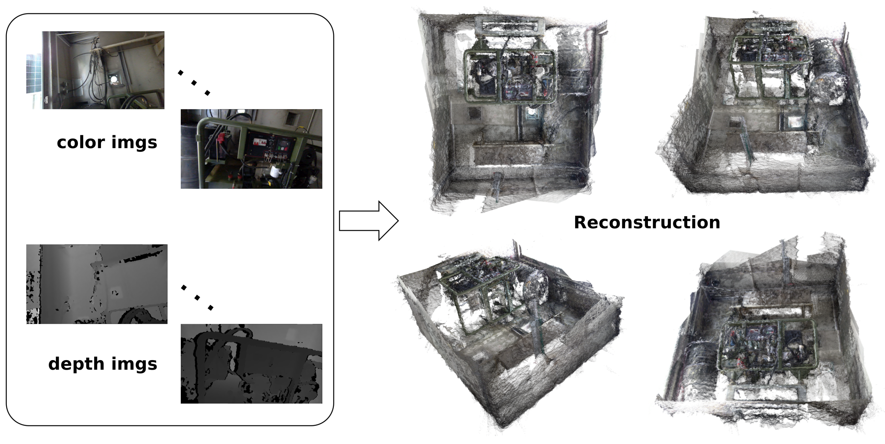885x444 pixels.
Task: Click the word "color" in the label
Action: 81,142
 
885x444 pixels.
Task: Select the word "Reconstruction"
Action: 647,222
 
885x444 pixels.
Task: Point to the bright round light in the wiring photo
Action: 114,79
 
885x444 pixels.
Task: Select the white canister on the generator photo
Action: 275,171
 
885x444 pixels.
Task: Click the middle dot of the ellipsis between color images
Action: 194,83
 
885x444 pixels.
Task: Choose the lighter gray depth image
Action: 97,284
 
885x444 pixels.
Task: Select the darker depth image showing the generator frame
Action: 251,364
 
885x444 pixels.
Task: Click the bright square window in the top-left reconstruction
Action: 532,112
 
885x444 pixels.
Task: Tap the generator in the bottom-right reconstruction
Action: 768,347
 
